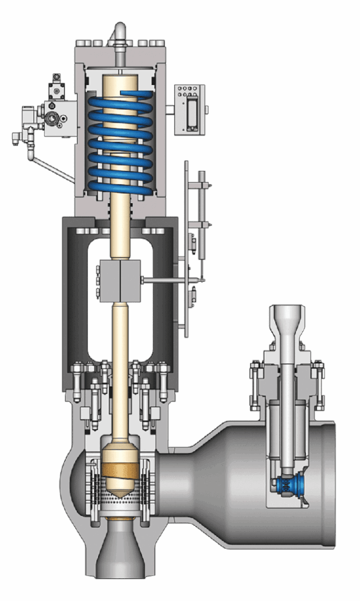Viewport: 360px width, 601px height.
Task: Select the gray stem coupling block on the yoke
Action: click(120, 281)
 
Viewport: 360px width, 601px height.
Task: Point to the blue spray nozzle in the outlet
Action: click(291, 485)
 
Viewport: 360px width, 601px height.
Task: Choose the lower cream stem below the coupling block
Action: click(120, 364)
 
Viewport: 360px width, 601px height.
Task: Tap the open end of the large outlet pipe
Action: click(329, 484)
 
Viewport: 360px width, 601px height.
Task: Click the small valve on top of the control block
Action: click(57, 87)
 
